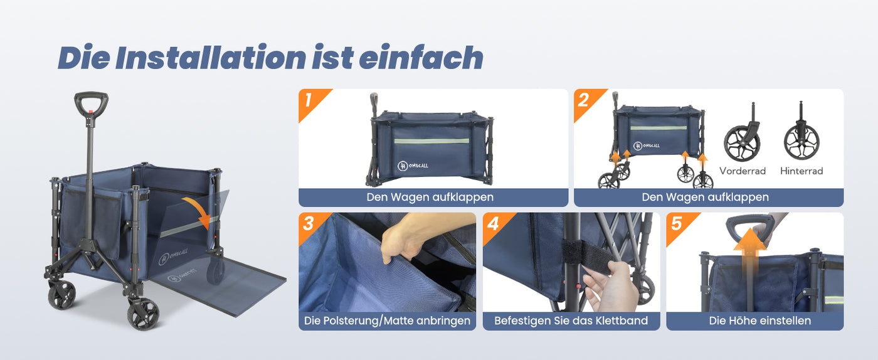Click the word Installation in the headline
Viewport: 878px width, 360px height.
click(211, 57)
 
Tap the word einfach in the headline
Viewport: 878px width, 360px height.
click(421, 57)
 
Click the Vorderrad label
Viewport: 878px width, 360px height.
click(743, 171)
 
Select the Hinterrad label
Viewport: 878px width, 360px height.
click(801, 171)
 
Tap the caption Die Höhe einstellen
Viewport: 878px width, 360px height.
click(760, 320)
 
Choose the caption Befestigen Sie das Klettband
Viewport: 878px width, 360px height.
click(571, 320)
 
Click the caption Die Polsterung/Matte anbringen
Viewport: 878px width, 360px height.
click(388, 320)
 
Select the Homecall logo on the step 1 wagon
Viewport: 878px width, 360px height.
click(413, 166)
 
